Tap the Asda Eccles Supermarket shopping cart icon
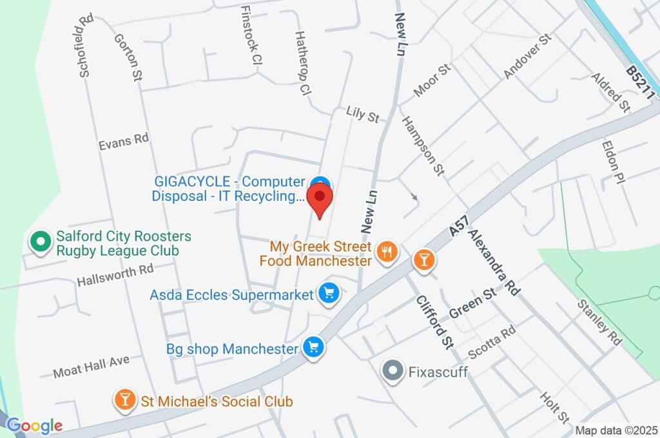(329, 294)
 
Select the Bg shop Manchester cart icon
(314, 348)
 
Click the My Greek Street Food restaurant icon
(386, 252)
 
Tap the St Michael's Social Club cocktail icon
(124, 401)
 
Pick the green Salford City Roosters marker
(40, 242)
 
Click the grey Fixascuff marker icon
(392, 371)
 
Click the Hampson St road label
(423, 146)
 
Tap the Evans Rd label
(124, 140)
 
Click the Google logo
(35, 425)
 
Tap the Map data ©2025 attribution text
(616, 430)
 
